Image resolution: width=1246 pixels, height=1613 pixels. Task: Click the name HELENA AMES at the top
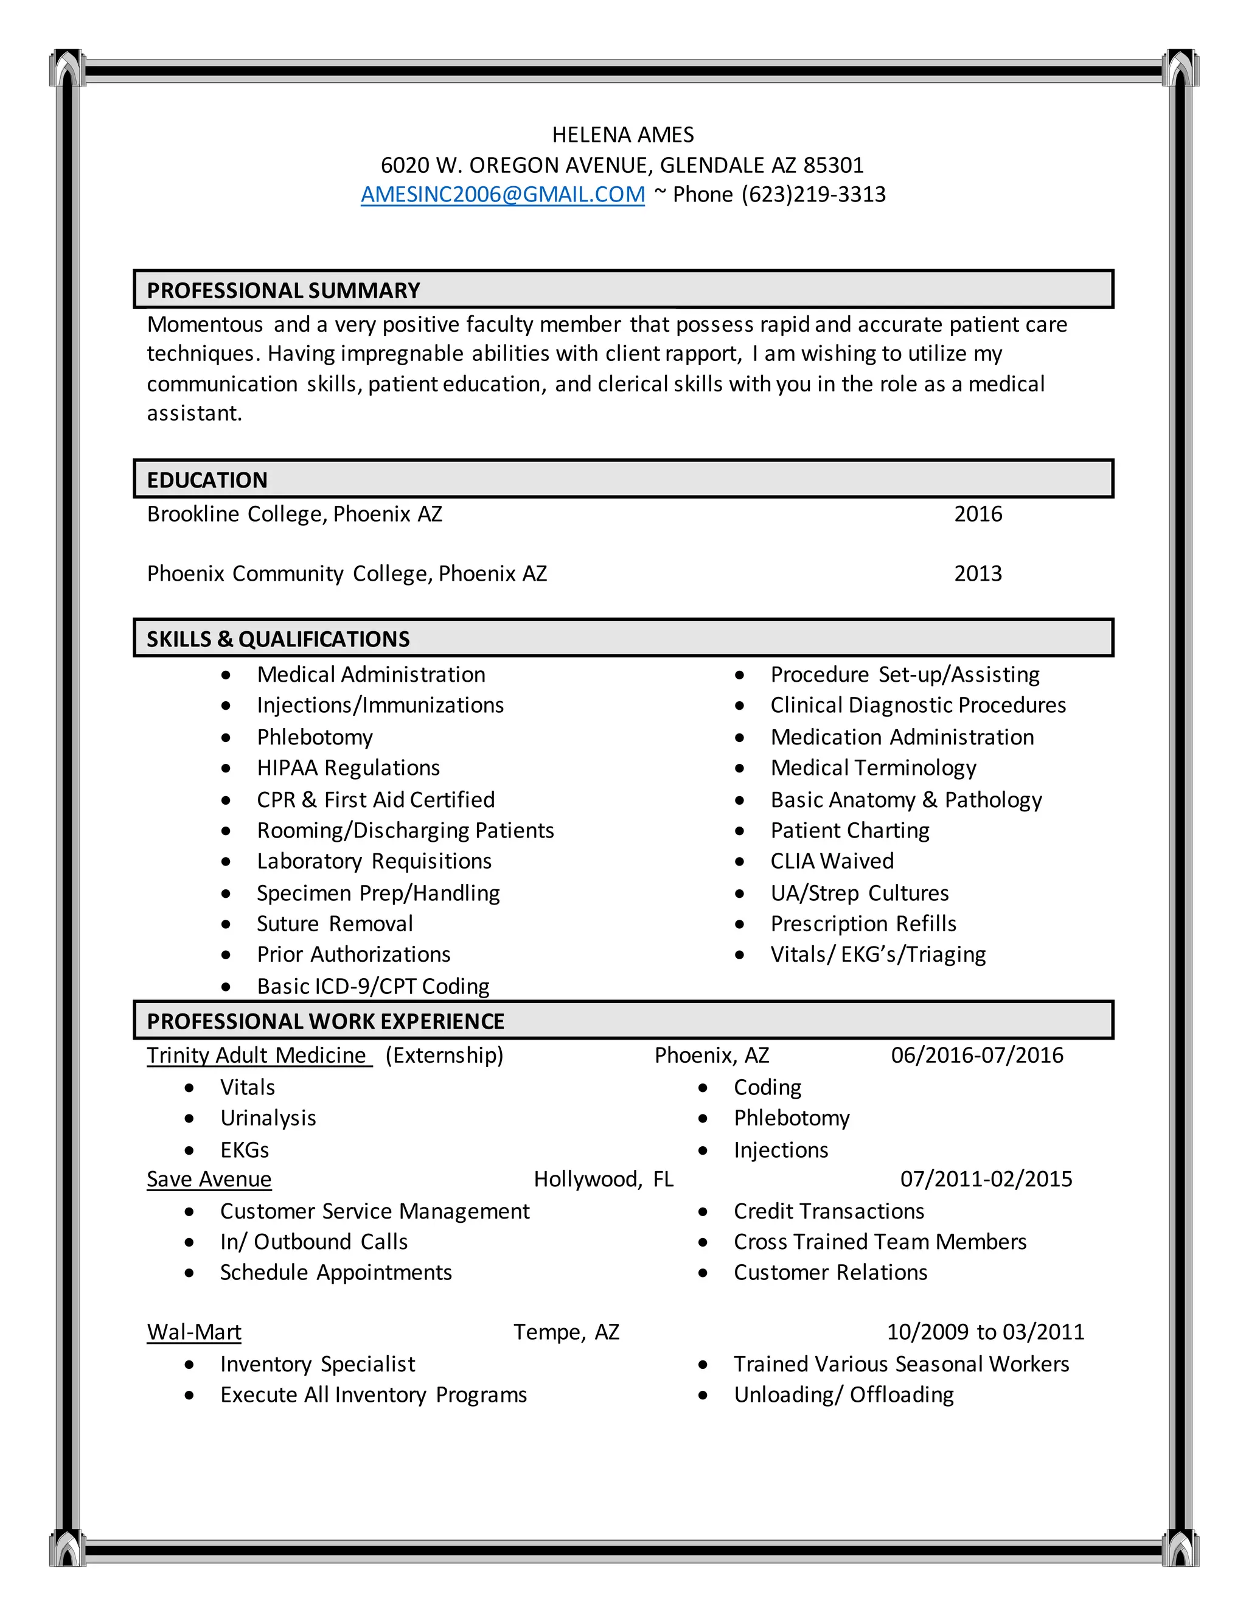(622, 135)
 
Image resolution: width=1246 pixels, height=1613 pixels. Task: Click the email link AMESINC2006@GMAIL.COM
(502, 194)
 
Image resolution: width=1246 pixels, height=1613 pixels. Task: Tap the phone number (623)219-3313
(813, 194)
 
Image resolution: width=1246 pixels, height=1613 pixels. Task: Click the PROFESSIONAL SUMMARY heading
(283, 290)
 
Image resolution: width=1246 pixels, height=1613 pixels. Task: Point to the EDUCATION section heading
(207, 480)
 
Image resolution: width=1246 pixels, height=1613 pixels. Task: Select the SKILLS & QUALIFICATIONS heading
(277, 639)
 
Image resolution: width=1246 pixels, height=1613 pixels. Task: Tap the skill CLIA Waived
(831, 861)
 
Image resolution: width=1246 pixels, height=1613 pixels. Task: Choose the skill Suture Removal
(335, 924)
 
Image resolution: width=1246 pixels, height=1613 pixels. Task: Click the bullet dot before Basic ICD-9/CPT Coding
(226, 987)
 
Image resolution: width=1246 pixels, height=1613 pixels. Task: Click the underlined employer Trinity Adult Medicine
(256, 1055)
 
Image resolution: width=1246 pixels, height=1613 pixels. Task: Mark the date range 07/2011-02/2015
(986, 1180)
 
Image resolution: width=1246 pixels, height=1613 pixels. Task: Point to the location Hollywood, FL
(603, 1180)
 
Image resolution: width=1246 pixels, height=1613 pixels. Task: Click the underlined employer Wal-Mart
(194, 1332)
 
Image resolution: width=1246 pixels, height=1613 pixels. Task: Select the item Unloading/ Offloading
(843, 1394)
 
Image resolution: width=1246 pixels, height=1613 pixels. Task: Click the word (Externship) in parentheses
(444, 1055)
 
